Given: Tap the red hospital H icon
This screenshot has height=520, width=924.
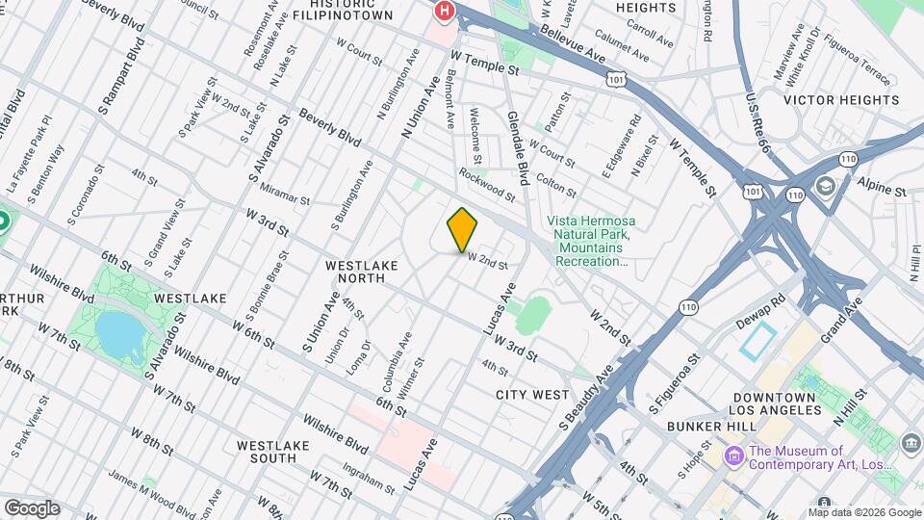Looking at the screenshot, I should (x=444, y=11).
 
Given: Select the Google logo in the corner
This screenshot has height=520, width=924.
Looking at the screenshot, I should (x=31, y=507).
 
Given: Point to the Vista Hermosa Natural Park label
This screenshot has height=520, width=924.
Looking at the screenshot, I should (x=590, y=240).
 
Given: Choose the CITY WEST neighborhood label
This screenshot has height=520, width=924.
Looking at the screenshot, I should (x=532, y=395).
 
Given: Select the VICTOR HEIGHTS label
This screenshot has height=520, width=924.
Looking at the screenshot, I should (x=841, y=100).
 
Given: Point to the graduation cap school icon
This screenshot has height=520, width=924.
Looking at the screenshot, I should (x=825, y=186).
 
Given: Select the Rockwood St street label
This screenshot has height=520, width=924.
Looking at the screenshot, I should (x=487, y=185).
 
